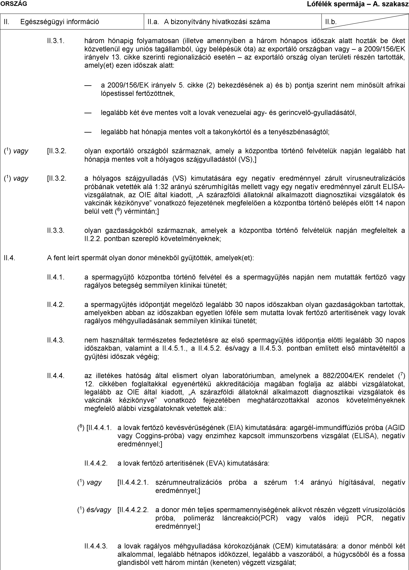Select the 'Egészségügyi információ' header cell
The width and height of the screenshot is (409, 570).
59,22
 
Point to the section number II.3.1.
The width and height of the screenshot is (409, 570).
56,41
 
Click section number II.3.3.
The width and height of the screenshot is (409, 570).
56,231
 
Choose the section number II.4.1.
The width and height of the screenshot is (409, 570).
56,277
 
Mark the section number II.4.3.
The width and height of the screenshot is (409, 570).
56,340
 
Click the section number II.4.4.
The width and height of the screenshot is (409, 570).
56,376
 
